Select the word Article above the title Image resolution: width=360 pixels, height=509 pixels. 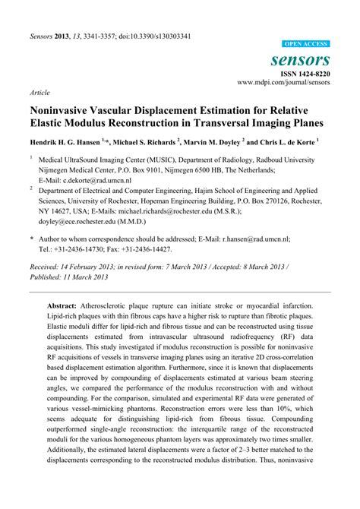pyautogui.click(x=39, y=91)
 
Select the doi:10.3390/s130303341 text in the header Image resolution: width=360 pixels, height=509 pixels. pyautogui.click(x=148, y=14)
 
